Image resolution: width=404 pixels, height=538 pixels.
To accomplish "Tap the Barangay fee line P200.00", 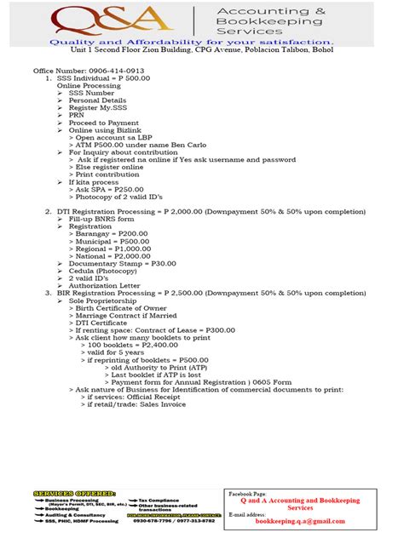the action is pos(112,234).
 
